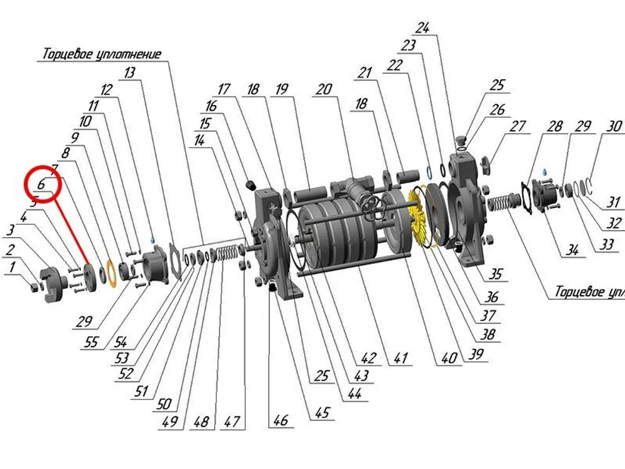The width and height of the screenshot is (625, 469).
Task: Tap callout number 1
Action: coord(11,268)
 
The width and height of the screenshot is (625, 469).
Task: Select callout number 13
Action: coord(129,73)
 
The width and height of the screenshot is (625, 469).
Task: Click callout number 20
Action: coord(323,89)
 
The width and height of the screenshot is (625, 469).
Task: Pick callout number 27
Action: coord(517,126)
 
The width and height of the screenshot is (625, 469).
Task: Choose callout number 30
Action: coord(614,126)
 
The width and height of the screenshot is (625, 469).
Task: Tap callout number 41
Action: coord(400,359)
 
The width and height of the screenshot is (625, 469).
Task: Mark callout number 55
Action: coord(92,343)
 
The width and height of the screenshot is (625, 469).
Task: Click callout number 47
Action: coord(232,421)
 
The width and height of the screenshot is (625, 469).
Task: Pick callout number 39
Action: coord(476,354)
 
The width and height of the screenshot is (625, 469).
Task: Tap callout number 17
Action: coord(224,89)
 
